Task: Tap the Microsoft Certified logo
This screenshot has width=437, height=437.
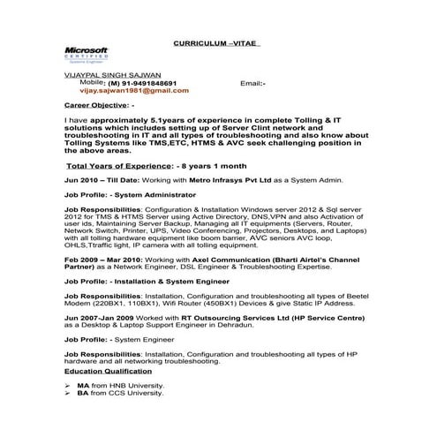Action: pyautogui.click(x=87, y=55)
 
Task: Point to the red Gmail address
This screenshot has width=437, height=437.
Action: pyautogui.click(x=134, y=90)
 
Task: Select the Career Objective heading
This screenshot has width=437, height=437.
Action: pyautogui.click(x=100, y=104)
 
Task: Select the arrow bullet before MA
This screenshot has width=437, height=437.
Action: pyautogui.click(x=68, y=386)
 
